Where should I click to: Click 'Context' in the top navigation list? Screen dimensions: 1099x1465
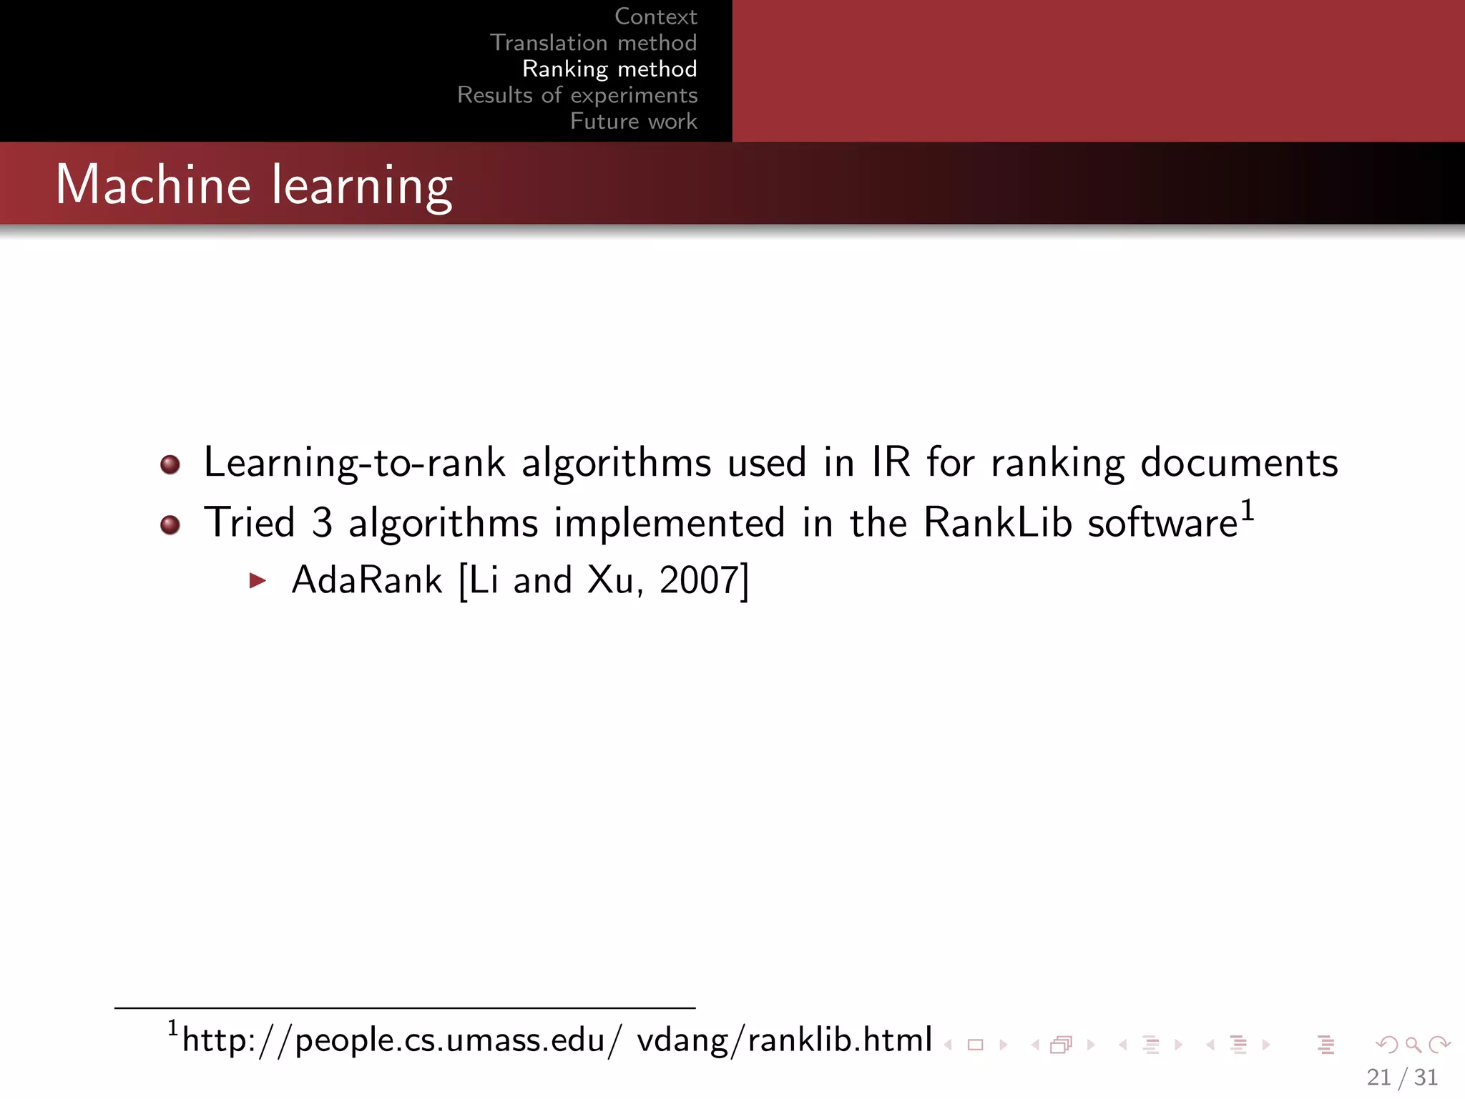pyautogui.click(x=655, y=16)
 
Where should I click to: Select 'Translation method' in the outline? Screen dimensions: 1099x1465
pyautogui.click(x=593, y=43)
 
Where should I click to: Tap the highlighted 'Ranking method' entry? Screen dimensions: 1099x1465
pyautogui.click(x=609, y=69)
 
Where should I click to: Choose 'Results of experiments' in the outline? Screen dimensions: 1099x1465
pyautogui.click(x=577, y=95)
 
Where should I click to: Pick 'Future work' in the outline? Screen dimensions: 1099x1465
pyautogui.click(x=633, y=122)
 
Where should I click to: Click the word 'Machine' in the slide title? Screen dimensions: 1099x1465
pyautogui.click(x=153, y=185)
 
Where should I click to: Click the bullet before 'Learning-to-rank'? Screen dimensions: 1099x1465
pyautogui.click(x=170, y=465)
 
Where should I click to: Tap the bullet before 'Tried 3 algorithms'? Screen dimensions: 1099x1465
pyautogui.click(x=170, y=525)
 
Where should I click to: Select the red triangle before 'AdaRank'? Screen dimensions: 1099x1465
pyautogui.click(x=258, y=580)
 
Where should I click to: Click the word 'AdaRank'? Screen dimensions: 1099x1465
pyautogui.click(x=367, y=580)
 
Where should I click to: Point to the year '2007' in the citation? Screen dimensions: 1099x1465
pyautogui.click(x=699, y=580)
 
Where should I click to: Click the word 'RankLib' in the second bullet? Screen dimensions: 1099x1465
pyautogui.click(x=997, y=522)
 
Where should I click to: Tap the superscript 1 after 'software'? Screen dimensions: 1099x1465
pyautogui.click(x=1247, y=511)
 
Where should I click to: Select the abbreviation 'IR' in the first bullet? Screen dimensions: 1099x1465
pyautogui.click(x=891, y=462)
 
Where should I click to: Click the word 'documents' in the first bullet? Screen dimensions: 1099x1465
pyautogui.click(x=1239, y=462)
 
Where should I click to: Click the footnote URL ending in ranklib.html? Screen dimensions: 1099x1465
pyautogui.click(x=557, y=1040)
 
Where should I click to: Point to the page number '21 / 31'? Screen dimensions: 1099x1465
pyautogui.click(x=1402, y=1077)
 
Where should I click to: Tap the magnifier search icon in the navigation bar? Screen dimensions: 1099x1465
pyautogui.click(x=1413, y=1045)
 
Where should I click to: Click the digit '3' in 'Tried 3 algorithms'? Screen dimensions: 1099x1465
pyautogui.click(x=322, y=522)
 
